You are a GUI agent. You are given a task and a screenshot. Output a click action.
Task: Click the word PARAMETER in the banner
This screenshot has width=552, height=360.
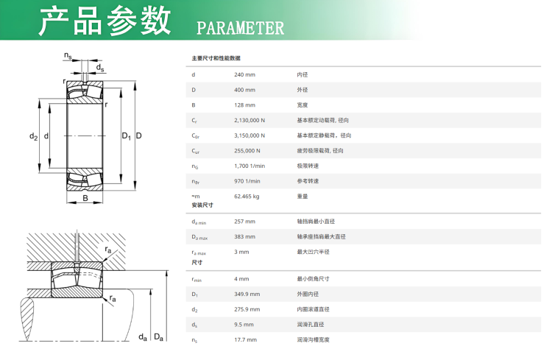(x=240, y=28)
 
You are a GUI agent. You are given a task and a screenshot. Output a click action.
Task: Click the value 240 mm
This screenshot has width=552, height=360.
(x=244, y=74)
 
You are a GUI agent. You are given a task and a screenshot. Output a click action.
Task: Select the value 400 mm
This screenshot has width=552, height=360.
(x=244, y=90)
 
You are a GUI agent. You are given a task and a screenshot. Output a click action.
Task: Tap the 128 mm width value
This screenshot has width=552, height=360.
(x=244, y=105)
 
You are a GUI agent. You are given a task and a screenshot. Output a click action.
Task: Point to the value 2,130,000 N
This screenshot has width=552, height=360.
(x=250, y=120)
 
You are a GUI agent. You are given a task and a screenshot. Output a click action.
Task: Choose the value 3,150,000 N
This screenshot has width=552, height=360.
(x=250, y=135)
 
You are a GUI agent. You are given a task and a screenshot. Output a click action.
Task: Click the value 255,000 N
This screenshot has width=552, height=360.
(x=247, y=151)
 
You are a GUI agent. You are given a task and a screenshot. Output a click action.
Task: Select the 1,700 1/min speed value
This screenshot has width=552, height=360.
(x=250, y=166)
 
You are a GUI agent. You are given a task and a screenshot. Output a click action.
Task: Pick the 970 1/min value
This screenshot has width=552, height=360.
(x=247, y=181)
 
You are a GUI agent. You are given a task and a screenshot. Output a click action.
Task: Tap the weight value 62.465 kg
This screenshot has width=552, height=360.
(x=247, y=197)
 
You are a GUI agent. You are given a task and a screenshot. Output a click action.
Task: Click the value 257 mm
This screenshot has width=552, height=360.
(x=244, y=221)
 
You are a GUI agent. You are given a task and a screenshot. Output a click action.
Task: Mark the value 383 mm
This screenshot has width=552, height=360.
(x=244, y=237)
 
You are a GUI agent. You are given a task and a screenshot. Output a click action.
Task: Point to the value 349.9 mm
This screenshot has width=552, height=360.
(x=247, y=294)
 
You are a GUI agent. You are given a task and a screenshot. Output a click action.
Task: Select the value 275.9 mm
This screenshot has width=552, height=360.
(x=247, y=309)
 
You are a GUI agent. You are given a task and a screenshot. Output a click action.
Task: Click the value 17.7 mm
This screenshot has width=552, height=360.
(x=246, y=339)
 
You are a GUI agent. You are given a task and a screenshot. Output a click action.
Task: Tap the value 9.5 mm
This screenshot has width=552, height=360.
(x=244, y=325)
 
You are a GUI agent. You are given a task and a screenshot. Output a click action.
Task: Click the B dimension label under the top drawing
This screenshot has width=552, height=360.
(x=85, y=198)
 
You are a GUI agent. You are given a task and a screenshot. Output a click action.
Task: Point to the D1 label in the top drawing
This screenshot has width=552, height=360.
(x=126, y=136)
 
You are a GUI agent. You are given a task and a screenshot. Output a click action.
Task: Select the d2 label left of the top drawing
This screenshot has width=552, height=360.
(x=33, y=136)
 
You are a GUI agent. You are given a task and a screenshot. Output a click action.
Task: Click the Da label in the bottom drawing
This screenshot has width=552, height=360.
(x=159, y=337)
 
